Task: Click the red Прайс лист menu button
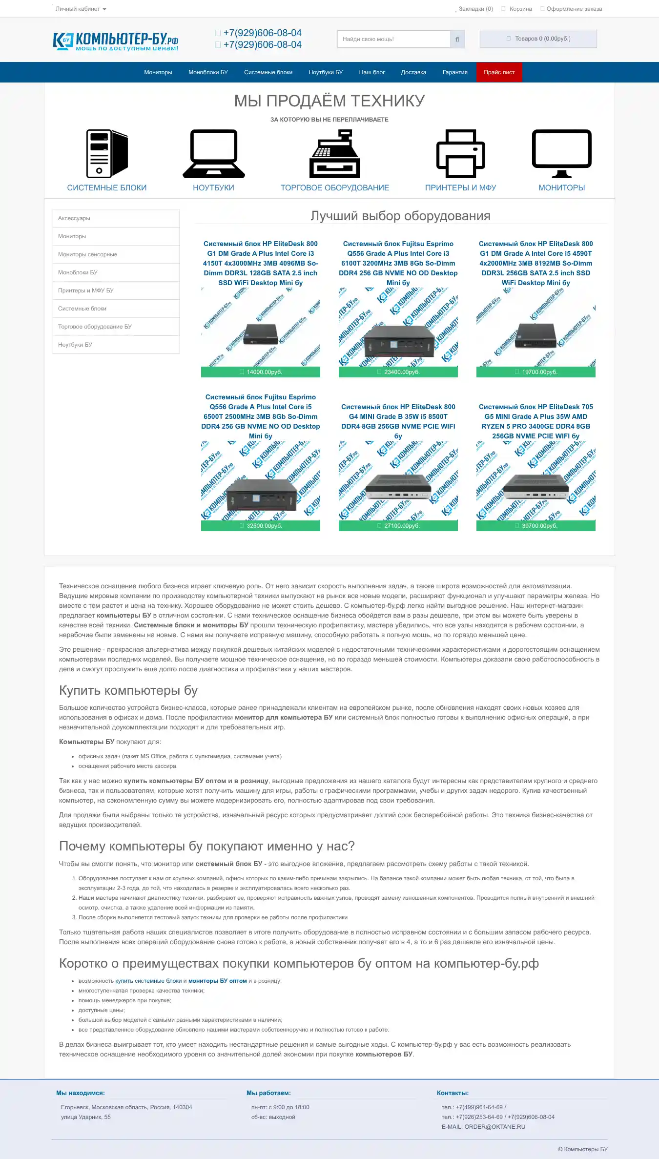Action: pos(499,72)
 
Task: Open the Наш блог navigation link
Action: pos(372,72)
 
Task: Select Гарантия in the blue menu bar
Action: pos(455,72)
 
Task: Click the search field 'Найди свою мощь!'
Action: pos(393,39)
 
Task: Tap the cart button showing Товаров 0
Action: pos(538,39)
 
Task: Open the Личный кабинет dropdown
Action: pos(81,9)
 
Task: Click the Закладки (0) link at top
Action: pos(475,9)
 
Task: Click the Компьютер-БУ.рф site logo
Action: pos(116,41)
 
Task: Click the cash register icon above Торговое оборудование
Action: pos(335,154)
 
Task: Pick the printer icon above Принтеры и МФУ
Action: pos(460,154)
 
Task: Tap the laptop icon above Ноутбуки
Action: pos(214,154)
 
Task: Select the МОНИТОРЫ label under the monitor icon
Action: pos(561,188)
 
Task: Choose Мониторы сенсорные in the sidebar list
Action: pos(88,254)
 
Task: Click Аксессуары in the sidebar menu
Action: pos(74,218)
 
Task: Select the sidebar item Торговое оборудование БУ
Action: pos(95,327)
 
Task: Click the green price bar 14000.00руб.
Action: pos(261,372)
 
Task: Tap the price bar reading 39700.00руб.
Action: pos(536,526)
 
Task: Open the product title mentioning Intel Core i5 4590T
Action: pos(536,263)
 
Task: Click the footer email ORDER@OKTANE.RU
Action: pos(494,1127)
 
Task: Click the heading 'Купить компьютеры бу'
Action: pos(128,690)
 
